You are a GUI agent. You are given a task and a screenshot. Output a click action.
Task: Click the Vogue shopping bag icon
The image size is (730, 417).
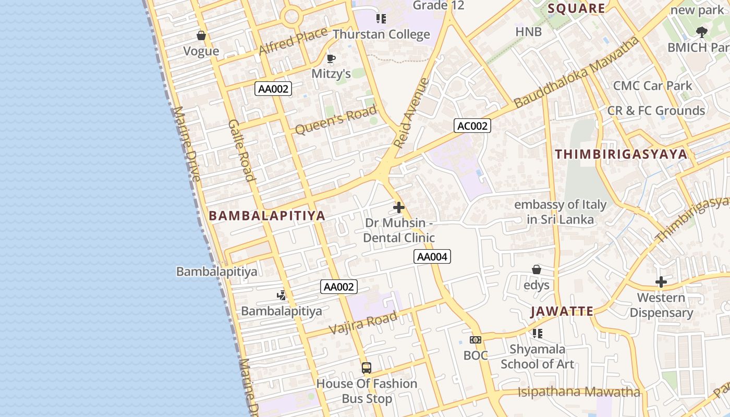click(x=201, y=35)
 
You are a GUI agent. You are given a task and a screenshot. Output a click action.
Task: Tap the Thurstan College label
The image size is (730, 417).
click(x=381, y=34)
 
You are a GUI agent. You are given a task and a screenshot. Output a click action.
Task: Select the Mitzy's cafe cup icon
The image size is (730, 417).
click(x=331, y=58)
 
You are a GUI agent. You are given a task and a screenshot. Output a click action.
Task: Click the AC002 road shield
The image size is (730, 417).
click(x=472, y=126)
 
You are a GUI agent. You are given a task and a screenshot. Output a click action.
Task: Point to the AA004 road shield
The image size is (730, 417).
click(x=432, y=256)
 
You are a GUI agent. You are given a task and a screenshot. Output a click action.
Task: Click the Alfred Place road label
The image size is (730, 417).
click(x=293, y=41)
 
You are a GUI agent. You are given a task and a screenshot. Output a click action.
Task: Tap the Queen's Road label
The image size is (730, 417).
click(x=335, y=120)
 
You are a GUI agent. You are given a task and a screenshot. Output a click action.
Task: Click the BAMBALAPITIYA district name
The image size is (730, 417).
click(x=267, y=216)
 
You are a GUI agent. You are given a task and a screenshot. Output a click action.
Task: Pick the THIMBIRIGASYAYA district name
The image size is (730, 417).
click(x=621, y=154)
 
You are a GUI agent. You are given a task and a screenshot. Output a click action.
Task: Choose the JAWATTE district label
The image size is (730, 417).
click(x=562, y=312)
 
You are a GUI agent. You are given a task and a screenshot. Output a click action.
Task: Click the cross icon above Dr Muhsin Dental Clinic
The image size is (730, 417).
click(x=399, y=207)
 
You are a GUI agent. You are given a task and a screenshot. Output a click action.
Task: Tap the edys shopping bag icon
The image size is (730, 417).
click(x=536, y=269)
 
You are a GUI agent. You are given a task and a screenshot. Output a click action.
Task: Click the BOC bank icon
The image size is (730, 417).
click(x=476, y=340)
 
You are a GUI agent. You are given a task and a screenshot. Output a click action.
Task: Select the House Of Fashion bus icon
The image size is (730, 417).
click(x=367, y=368)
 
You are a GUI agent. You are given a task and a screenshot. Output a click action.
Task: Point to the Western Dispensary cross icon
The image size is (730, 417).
click(x=661, y=282)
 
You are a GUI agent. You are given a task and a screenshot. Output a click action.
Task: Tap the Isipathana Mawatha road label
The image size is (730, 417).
click(x=579, y=392)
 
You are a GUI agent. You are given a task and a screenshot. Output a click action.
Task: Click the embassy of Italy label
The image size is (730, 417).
click(x=560, y=212)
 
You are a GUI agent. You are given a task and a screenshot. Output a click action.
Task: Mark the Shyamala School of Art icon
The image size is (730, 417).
click(x=537, y=333)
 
